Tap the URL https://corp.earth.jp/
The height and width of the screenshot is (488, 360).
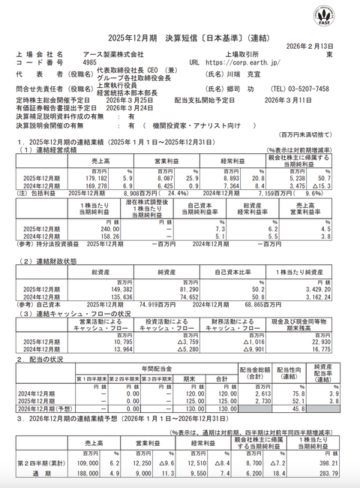[241, 63]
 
